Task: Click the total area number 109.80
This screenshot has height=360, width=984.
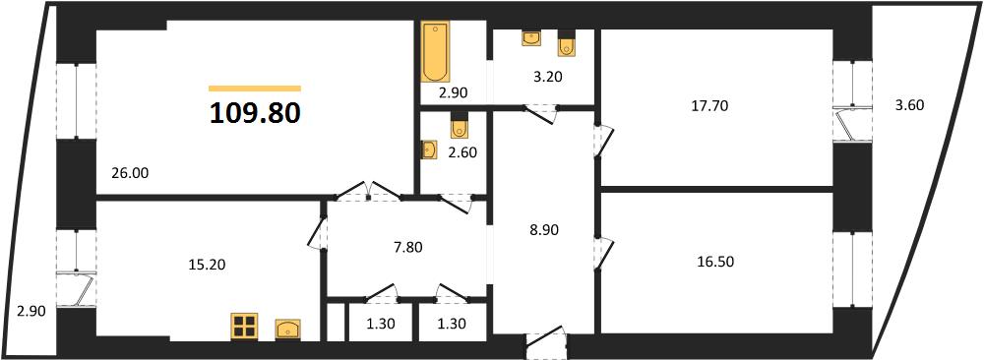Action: [255, 113]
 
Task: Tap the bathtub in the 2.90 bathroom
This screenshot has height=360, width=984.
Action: [434, 53]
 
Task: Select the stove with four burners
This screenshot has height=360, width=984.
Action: [244, 327]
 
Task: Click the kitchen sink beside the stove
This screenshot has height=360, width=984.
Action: [287, 329]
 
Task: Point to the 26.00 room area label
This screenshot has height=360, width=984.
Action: [130, 172]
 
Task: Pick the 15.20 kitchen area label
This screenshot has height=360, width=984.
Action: [206, 266]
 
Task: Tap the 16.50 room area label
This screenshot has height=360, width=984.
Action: [714, 262]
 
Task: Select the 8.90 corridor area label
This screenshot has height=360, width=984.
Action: [543, 230]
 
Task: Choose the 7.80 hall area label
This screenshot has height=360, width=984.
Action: [406, 248]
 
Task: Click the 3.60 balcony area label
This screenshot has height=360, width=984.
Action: [909, 105]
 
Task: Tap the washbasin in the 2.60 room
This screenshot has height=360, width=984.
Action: [429, 150]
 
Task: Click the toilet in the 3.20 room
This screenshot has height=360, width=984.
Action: [567, 44]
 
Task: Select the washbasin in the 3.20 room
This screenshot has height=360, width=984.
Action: [531, 38]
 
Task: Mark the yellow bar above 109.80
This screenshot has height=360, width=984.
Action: [255, 90]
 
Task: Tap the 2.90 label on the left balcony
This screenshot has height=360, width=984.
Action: [32, 311]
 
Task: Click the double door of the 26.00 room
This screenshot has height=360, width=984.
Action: [368, 191]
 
